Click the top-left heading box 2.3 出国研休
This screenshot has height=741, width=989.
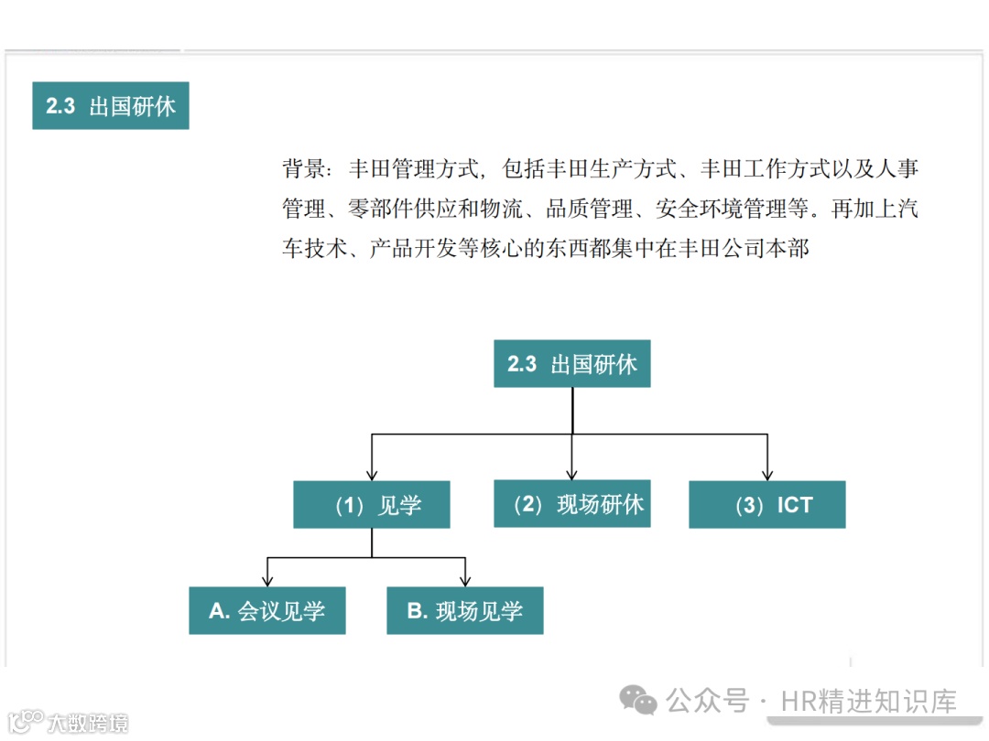click(x=110, y=106)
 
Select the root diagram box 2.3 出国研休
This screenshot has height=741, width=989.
click(x=571, y=364)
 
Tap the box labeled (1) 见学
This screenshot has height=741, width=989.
click(x=371, y=505)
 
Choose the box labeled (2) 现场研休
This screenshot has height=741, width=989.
click(x=571, y=504)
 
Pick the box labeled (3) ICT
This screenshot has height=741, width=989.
click(x=766, y=505)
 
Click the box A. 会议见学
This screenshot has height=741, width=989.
click(x=266, y=611)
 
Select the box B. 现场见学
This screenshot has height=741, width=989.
click(x=464, y=611)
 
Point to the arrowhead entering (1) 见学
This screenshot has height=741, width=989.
click(x=371, y=475)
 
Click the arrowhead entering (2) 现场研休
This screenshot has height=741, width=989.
click(x=571, y=474)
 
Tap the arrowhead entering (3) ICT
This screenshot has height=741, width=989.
click(x=767, y=475)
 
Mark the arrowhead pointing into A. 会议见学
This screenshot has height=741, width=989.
click(x=266, y=581)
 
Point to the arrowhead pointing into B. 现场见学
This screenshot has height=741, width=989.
click(x=465, y=581)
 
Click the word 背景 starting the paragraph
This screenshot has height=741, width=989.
click(x=304, y=169)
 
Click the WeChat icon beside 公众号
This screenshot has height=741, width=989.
click(x=638, y=702)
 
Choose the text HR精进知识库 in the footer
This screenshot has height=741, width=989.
click(x=868, y=702)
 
